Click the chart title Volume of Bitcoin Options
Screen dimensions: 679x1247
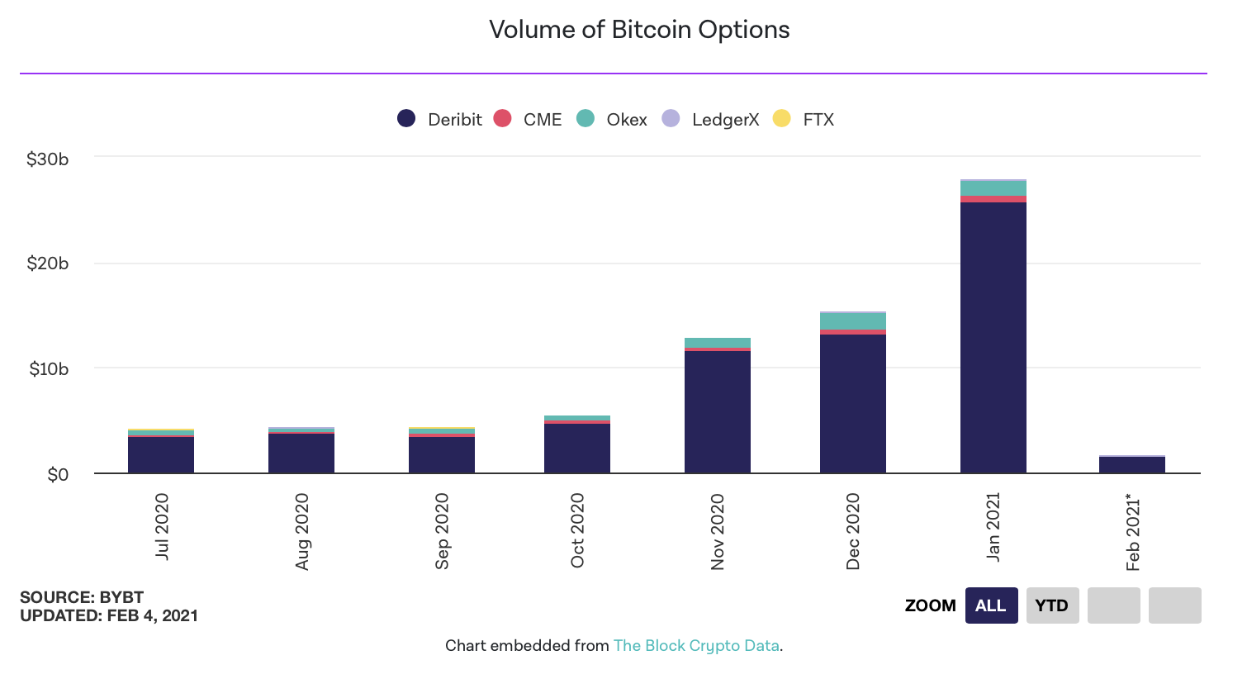(x=639, y=30)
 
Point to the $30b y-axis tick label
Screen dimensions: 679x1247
(x=48, y=159)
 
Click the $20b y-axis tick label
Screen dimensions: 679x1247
(x=48, y=264)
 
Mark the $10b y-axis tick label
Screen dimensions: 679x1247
(x=48, y=368)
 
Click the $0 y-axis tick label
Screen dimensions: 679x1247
(x=58, y=474)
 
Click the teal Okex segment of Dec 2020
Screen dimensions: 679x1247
(x=853, y=321)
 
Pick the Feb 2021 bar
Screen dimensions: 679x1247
(x=1132, y=464)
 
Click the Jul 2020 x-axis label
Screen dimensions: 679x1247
(x=162, y=526)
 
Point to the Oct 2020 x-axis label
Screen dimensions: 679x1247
(x=577, y=530)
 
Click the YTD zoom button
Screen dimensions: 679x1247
(x=1052, y=605)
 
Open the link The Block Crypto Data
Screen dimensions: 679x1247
(x=696, y=646)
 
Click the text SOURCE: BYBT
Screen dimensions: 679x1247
(x=82, y=597)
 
